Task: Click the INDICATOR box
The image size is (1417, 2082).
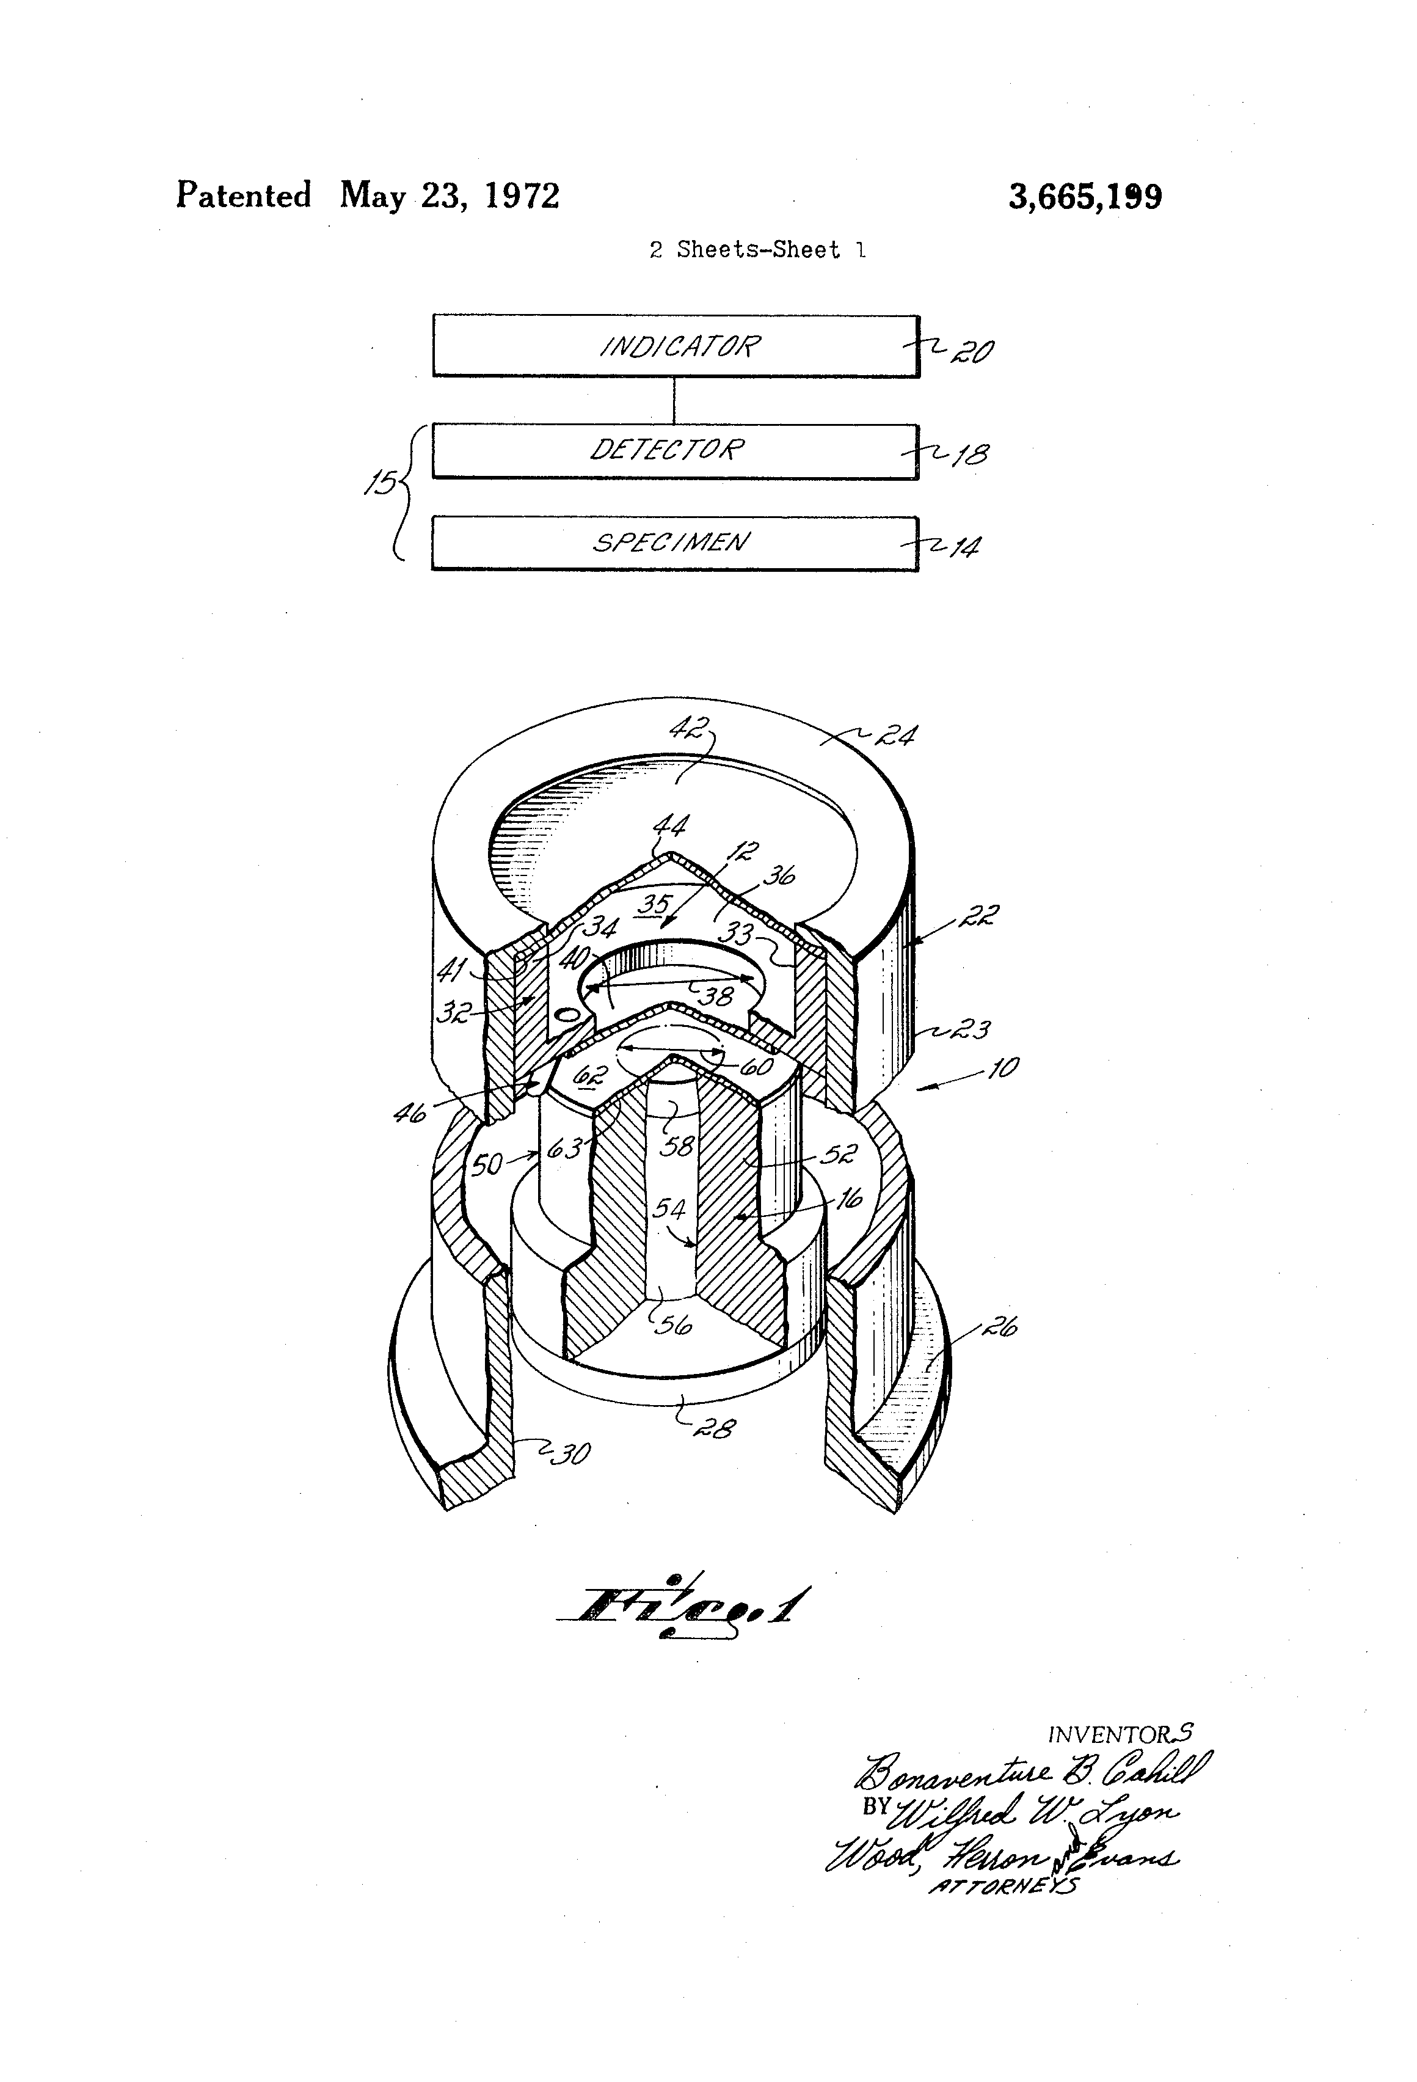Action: tap(676, 346)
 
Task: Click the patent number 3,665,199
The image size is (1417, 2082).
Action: tap(1085, 196)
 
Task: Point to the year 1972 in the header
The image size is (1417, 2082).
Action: tap(522, 195)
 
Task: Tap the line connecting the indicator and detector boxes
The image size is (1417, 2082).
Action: tap(674, 400)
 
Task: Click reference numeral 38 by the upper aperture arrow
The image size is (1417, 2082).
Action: tap(716, 995)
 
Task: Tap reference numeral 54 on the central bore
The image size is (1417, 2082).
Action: tap(668, 1210)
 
